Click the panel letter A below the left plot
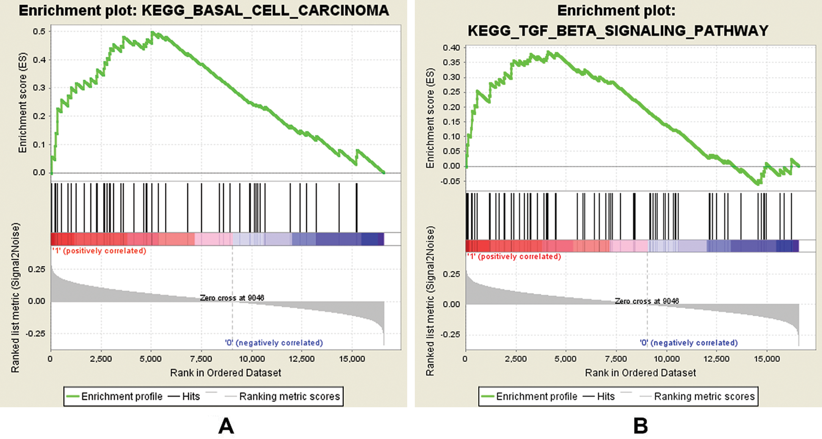coord(226,425)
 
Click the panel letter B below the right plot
coord(641,425)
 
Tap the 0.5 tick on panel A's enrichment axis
coord(39,32)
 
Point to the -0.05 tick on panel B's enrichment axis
coord(450,181)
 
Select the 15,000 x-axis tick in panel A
coord(352,359)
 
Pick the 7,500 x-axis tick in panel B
coord(616,359)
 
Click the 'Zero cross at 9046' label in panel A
coord(232,298)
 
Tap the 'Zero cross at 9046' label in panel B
coord(646,301)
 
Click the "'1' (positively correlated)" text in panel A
coord(99,251)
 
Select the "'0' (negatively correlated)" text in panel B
coord(688,342)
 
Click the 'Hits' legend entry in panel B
coord(605,396)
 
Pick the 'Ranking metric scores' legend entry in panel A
coord(289,396)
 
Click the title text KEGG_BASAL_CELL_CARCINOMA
coord(265,11)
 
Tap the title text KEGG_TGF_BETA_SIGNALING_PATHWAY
coord(618,30)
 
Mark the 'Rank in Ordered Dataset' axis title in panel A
coord(225,373)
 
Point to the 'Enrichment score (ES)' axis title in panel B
coord(430,117)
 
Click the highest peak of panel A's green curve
coord(152,32)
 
